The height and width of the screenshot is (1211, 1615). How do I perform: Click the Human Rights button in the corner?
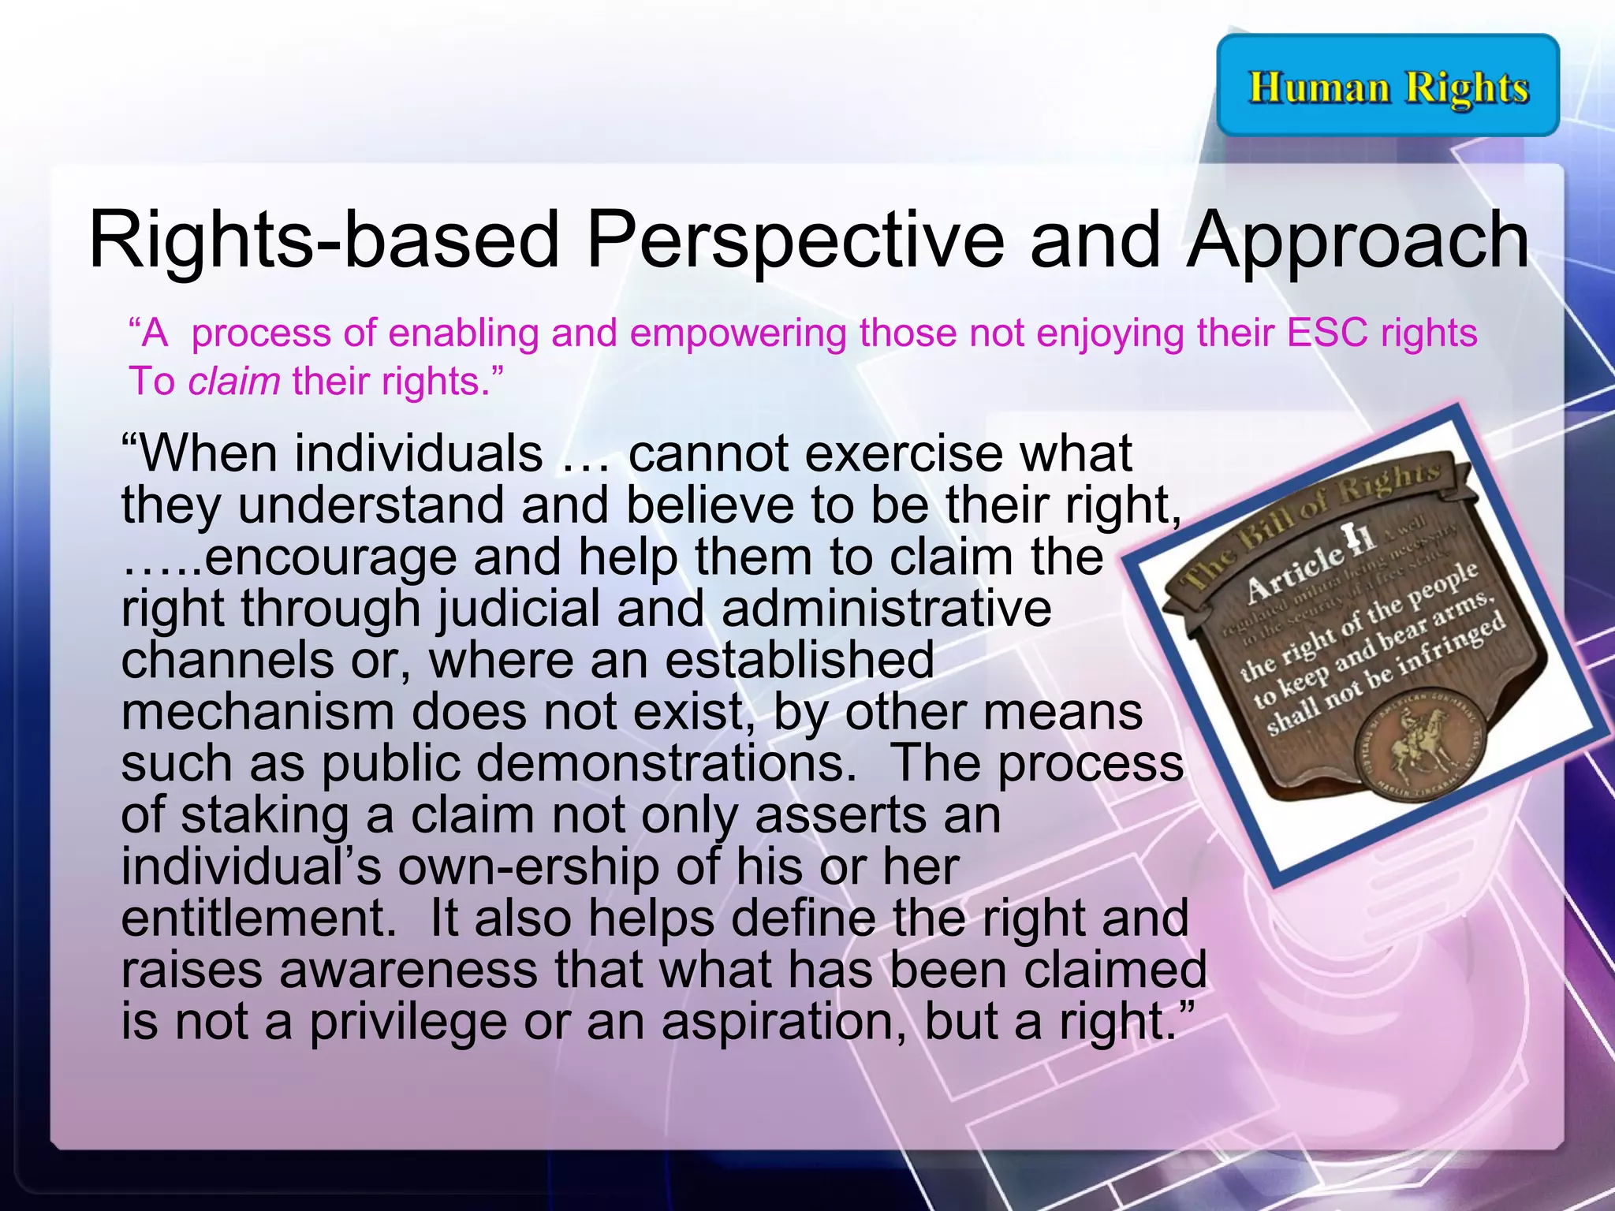tap(1388, 85)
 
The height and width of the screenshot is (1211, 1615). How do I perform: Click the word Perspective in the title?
tap(795, 240)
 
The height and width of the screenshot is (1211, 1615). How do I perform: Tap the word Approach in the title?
tap(1358, 240)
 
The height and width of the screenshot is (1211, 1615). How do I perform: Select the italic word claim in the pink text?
tap(234, 382)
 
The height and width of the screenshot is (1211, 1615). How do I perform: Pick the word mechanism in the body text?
tap(257, 711)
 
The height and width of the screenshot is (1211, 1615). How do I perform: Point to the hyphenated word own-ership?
tap(528, 866)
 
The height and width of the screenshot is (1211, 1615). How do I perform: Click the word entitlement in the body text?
tap(259, 918)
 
